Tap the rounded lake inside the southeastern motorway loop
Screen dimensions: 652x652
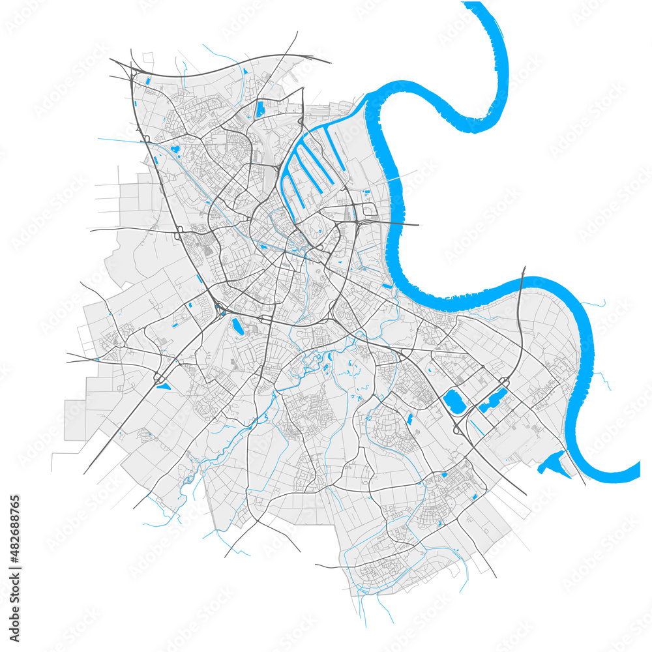(454, 401)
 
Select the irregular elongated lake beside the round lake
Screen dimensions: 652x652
(494, 398)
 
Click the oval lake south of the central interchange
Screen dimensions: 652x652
(236, 326)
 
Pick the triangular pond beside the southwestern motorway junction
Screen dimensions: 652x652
(163, 386)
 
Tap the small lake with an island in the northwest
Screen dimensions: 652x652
(175, 150)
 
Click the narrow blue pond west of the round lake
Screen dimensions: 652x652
(410, 418)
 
